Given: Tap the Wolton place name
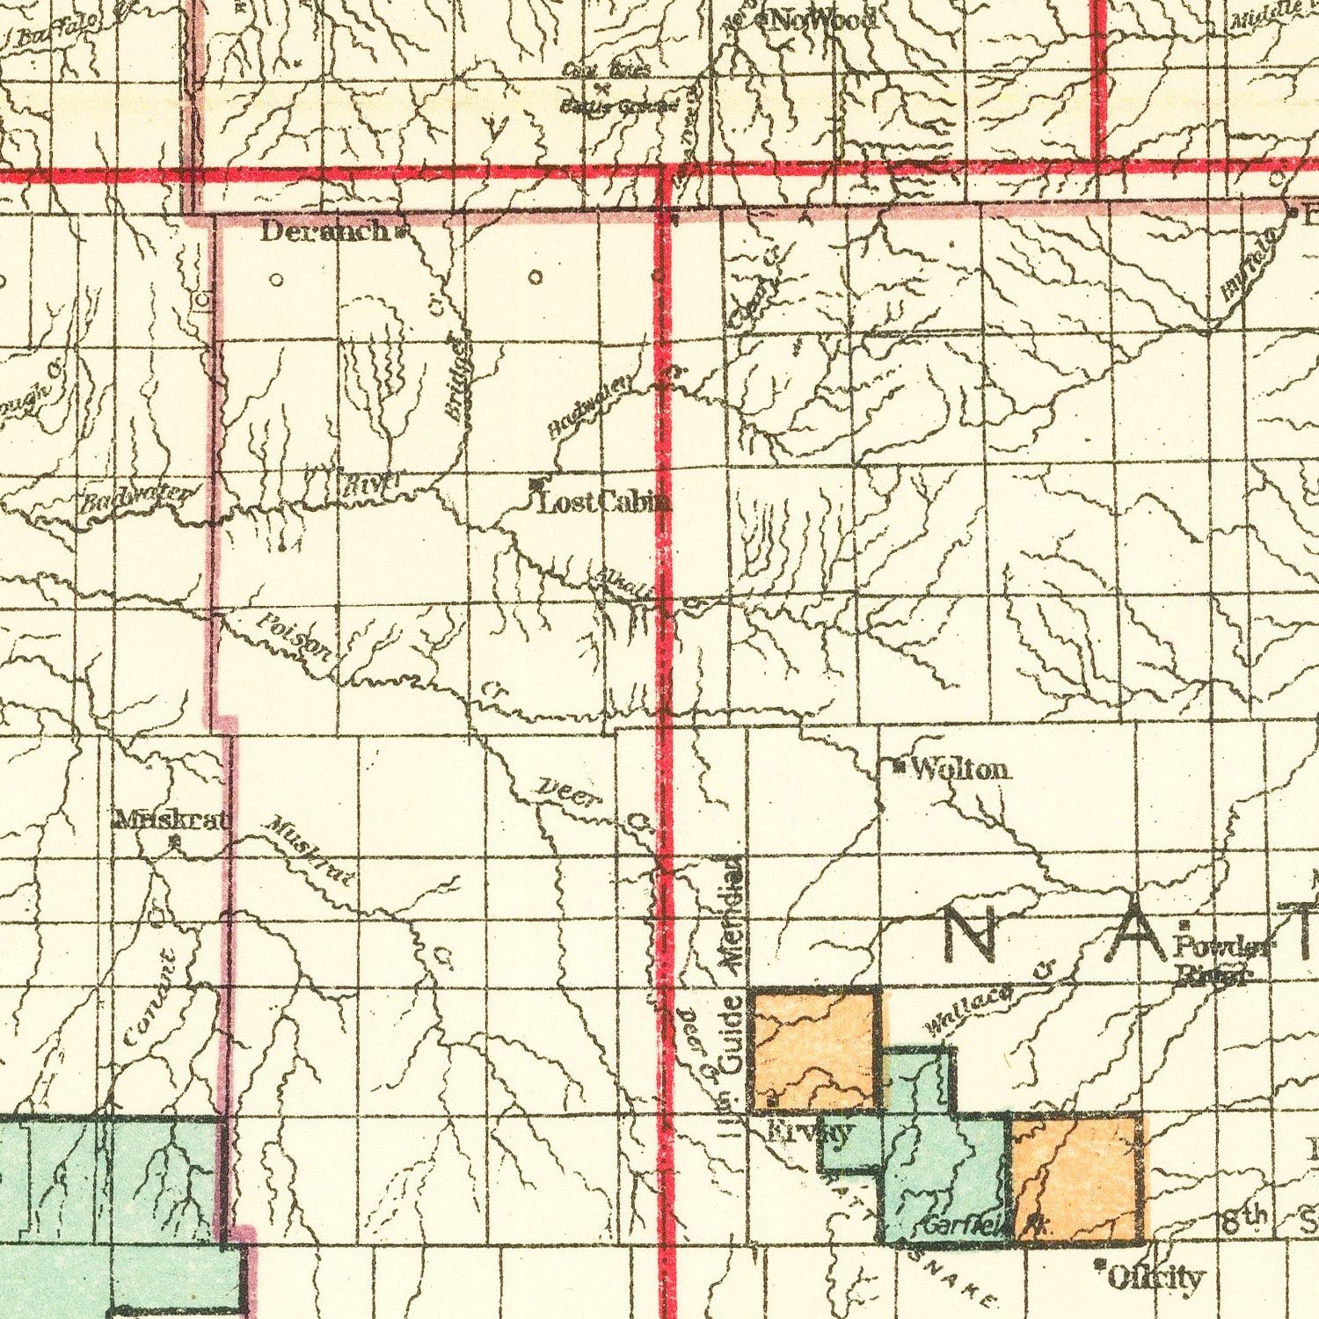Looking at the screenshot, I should pyautogui.click(x=961, y=769).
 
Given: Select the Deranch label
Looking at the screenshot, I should pyautogui.click(x=324, y=231).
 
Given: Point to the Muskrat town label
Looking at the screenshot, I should pyautogui.click(x=172, y=820).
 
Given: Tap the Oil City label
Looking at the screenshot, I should pyautogui.click(x=1155, y=1276).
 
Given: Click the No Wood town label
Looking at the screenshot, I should pyautogui.click(x=823, y=19).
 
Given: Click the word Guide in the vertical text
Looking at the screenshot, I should pyautogui.click(x=732, y=1035).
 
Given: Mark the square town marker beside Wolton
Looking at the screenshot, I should pyautogui.click(x=898, y=767).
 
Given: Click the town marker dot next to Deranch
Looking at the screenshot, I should pyautogui.click(x=400, y=233).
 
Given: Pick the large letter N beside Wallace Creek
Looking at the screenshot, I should pyautogui.click(x=969, y=934).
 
